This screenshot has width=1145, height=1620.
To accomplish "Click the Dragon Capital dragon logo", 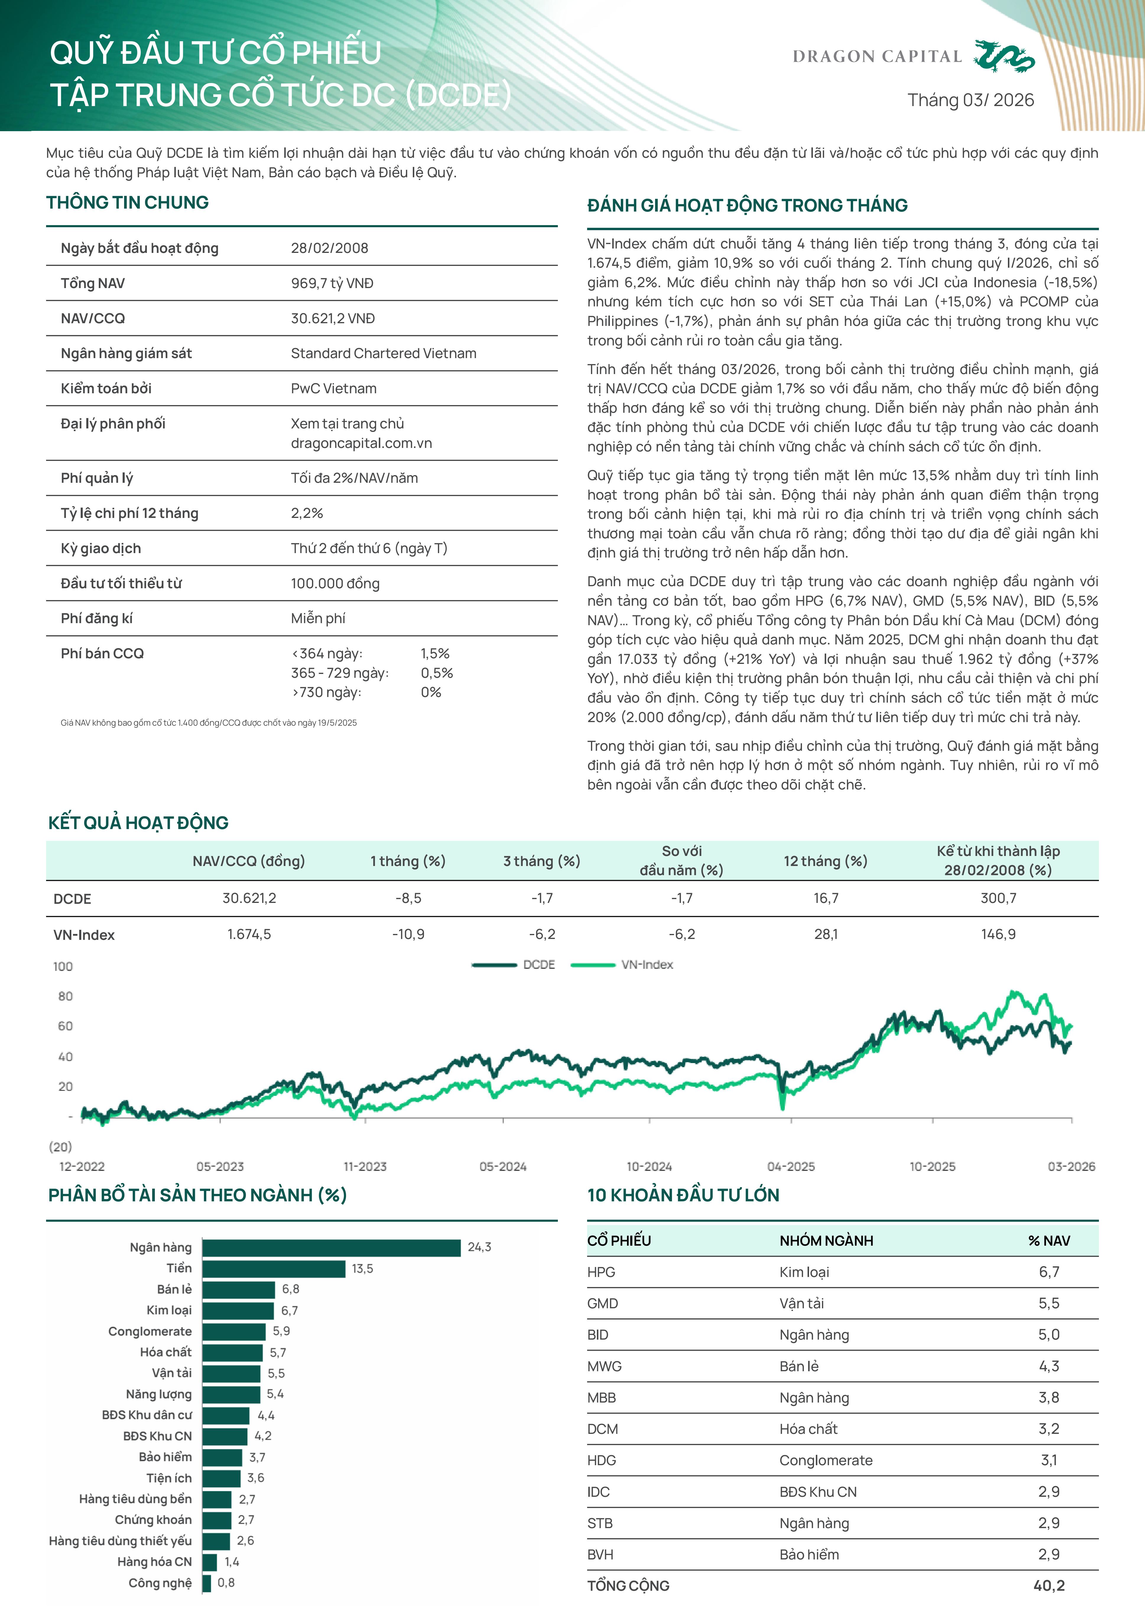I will pos(1004,56).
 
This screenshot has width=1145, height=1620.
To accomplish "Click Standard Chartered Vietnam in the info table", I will pos(383,353).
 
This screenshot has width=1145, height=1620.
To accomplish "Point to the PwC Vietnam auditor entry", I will pos(334,389).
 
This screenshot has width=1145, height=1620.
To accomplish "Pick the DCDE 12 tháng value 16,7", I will pos(825,898).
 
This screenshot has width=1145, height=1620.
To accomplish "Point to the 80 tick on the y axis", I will pos(65,996).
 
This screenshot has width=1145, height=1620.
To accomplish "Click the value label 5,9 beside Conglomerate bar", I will pos(281,1331).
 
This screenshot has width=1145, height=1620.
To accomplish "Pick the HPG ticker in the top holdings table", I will pos(601,1272).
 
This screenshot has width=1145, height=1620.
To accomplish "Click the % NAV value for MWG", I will pos(1048,1366).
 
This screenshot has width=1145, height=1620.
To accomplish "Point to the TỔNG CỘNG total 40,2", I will pos(1048,1585).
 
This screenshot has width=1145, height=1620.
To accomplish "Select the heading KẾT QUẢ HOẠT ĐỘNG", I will pos(138,823).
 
